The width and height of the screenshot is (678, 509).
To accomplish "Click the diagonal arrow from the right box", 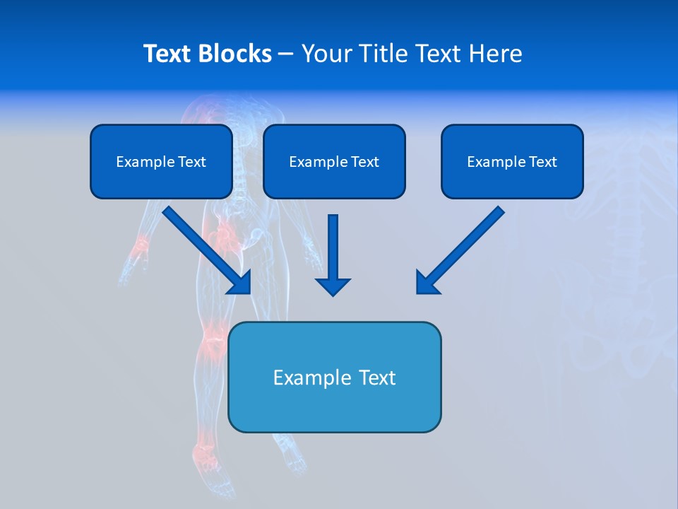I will (x=460, y=250).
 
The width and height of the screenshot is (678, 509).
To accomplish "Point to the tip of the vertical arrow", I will (x=333, y=293).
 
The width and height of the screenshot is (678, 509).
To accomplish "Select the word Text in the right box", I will (x=542, y=162).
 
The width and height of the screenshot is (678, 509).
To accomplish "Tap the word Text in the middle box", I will (x=364, y=162).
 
